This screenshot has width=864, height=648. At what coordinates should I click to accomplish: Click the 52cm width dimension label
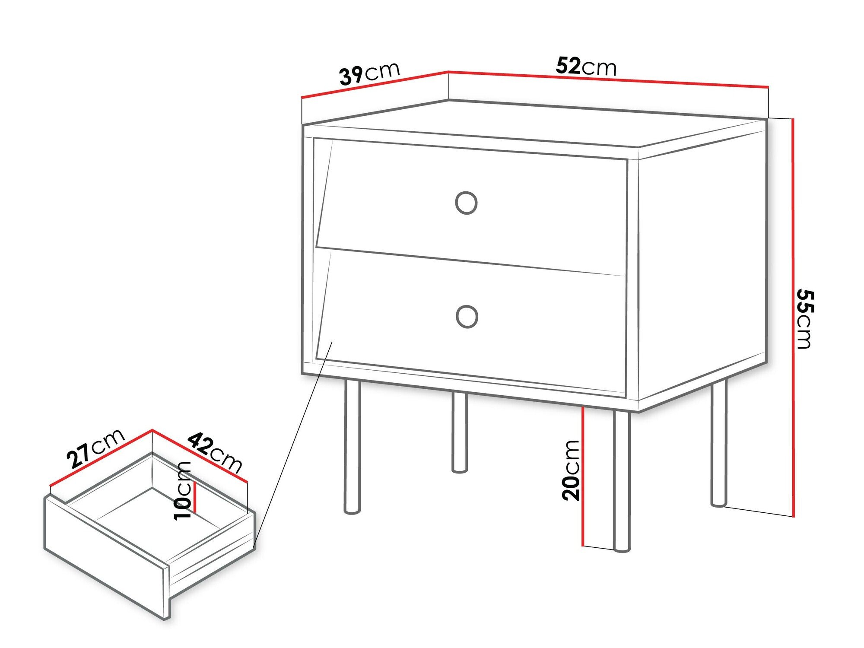pos(586,67)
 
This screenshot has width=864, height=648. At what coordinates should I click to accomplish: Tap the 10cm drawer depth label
pos(183,490)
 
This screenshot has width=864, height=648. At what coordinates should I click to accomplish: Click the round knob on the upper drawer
pos(466,203)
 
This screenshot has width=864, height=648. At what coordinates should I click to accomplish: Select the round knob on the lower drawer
pos(467,316)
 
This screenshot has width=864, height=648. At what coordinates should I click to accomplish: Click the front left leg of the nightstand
pos(352,447)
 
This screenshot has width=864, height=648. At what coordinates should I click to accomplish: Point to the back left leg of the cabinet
pos(460,432)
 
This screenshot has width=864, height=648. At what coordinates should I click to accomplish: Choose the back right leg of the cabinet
pos(719,445)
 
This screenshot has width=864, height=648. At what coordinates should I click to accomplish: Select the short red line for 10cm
pos(195,497)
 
